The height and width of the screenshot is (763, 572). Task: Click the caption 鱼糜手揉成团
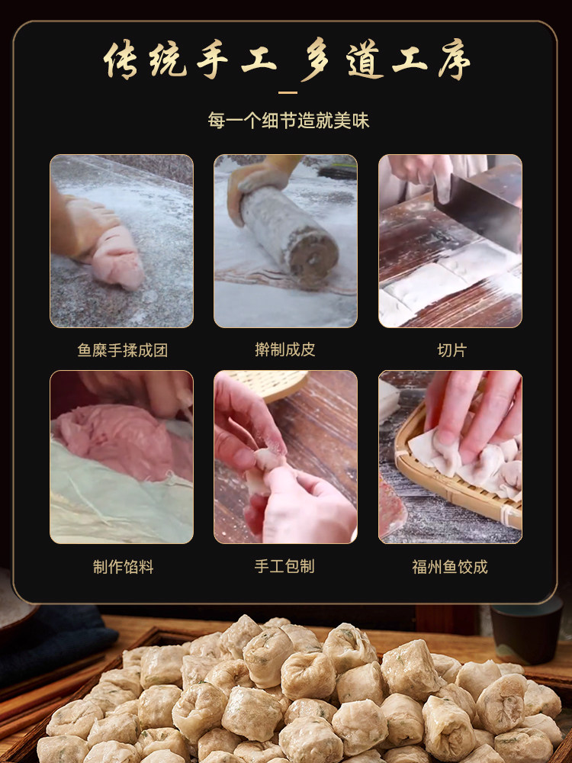pos(122,350)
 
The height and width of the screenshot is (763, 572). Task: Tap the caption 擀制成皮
pos(285,349)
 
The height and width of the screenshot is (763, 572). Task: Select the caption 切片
pos(451,350)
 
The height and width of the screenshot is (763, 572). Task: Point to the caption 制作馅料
pos(123,567)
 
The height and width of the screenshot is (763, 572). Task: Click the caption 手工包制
pos(284,566)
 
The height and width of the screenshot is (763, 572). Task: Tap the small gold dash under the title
pos(288,92)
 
